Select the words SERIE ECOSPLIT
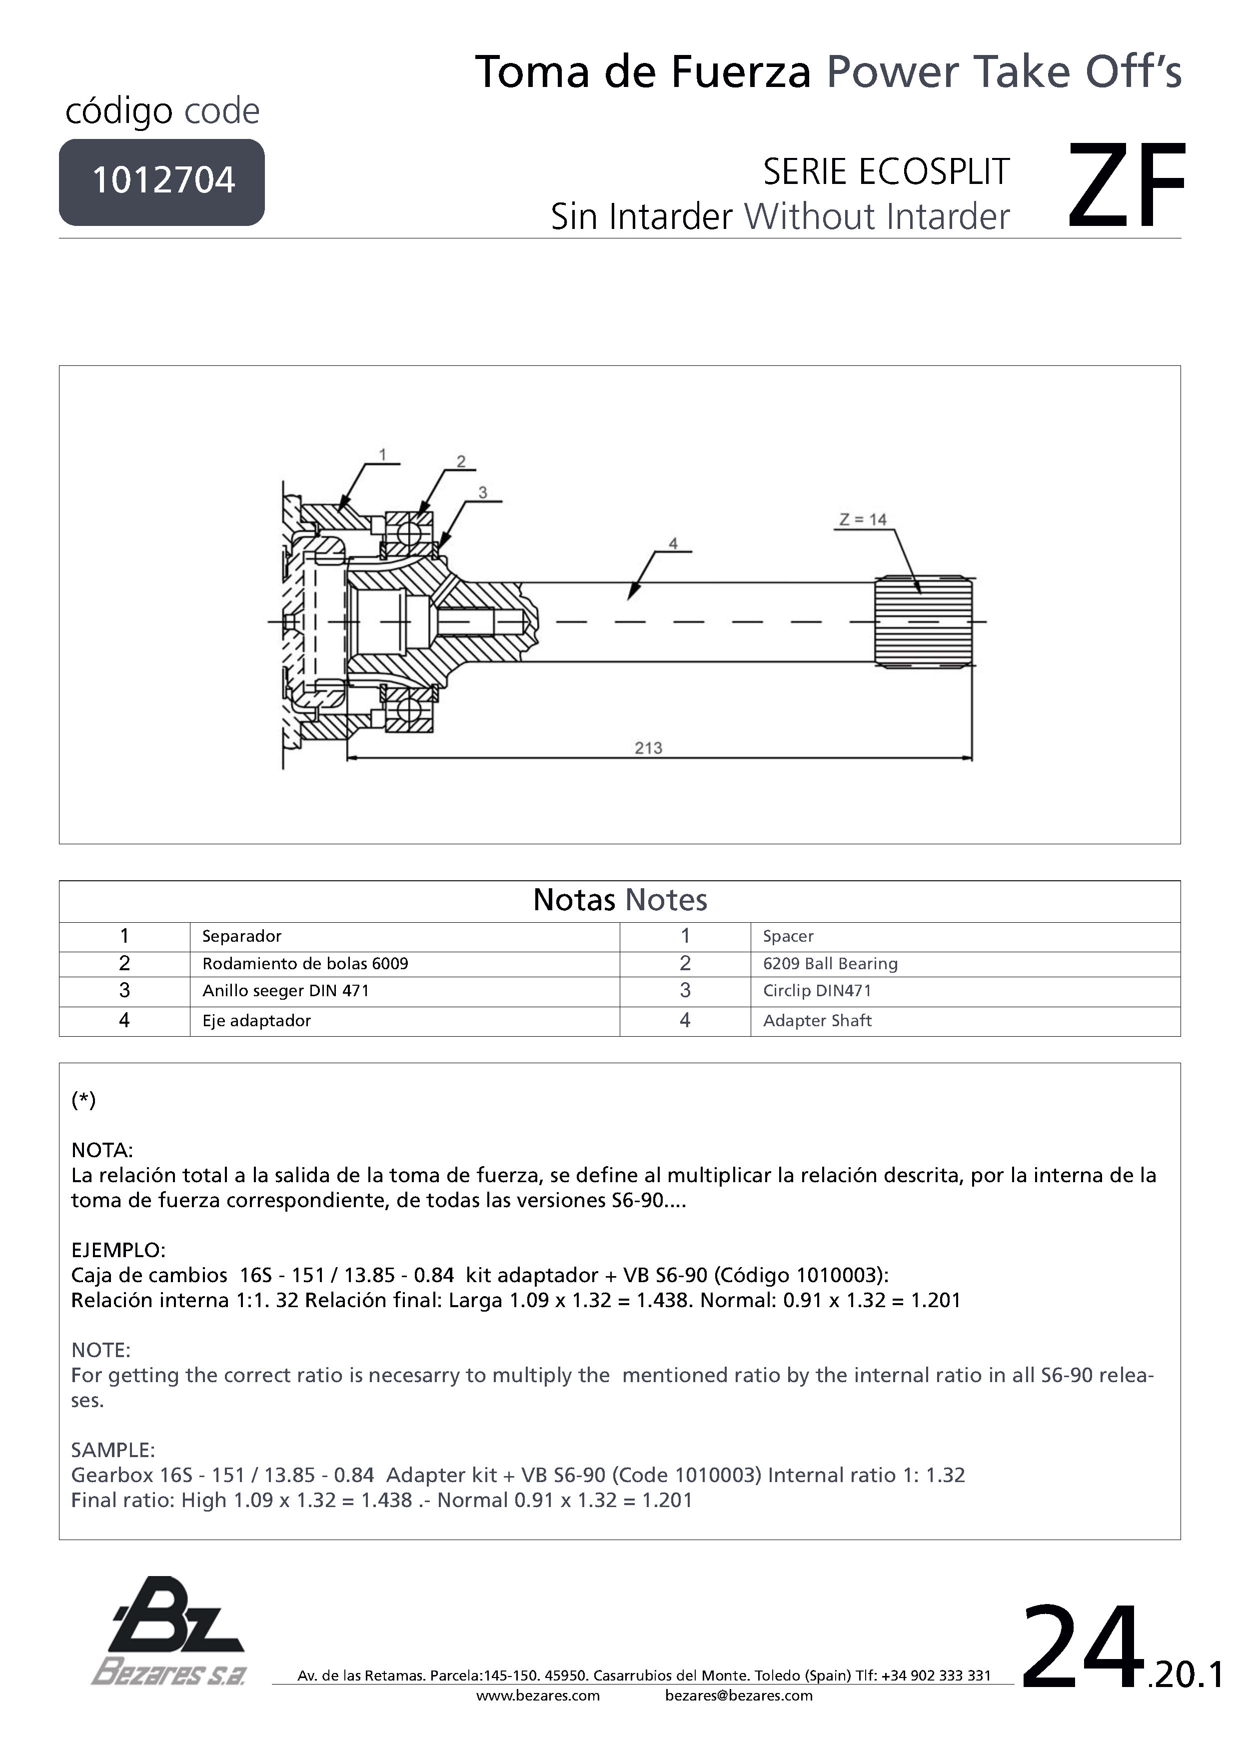tap(886, 172)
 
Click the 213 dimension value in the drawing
tap(648, 748)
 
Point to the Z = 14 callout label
tap(863, 519)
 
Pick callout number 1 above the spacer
tap(383, 454)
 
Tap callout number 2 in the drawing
tap(461, 461)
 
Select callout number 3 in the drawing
tap(483, 493)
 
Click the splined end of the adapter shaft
tap(923, 621)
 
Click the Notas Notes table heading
tap(620, 900)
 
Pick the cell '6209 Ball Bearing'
tap(830, 963)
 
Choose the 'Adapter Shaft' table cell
tap(817, 1021)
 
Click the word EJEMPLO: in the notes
tap(118, 1251)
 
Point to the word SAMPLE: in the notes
tap(113, 1450)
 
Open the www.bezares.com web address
tap(538, 1695)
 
